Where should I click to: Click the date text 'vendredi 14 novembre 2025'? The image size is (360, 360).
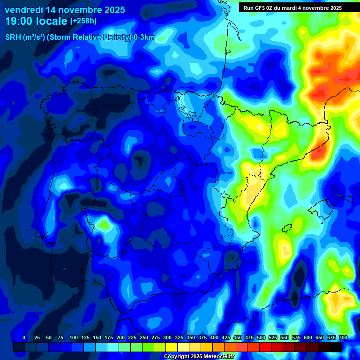tap(65, 10)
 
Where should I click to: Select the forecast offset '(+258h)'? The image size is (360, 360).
tap(83, 21)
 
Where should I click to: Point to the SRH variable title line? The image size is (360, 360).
tap(80, 37)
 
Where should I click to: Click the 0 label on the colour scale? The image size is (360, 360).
tap(24, 338)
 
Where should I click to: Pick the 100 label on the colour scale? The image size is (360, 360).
tap(73, 338)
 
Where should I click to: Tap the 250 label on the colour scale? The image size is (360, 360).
tap(143, 338)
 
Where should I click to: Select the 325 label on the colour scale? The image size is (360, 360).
tap(179, 338)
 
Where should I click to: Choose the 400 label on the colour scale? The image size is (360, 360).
tap(214, 338)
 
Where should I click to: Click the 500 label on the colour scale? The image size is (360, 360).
tap(261, 338)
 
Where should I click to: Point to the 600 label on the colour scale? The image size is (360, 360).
tap(307, 338)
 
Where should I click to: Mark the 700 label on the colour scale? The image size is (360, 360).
tap(343, 338)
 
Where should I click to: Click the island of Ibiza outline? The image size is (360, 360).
tap(287, 228)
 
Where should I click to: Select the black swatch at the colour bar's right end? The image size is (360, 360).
tap(336, 347)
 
